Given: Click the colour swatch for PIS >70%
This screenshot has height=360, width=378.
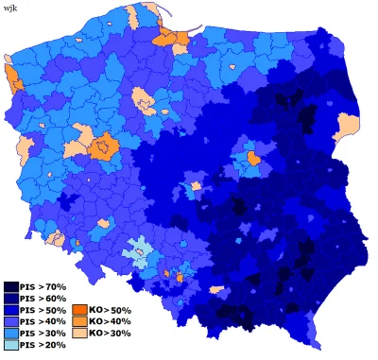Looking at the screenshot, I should coord(10,286).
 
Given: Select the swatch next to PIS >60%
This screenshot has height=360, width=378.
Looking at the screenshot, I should coord(10,298).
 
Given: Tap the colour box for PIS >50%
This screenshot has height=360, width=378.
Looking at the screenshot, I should coord(10,310).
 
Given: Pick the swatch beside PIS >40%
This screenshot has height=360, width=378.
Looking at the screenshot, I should coord(10,322).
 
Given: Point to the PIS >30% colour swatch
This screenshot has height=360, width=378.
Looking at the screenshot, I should coord(10,334).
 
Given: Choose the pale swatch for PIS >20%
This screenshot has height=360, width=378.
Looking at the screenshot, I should coord(10,346).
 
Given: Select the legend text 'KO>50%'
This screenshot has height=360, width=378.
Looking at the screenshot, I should coord(109,310).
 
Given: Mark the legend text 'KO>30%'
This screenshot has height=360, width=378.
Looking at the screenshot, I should coord(109,334).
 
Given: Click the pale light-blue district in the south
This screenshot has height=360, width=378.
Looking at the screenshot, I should coord(139,248).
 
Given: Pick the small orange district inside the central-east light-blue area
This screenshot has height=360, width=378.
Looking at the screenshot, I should coord(253,158).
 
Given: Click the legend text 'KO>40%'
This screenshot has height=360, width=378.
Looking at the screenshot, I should coord(109,322).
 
